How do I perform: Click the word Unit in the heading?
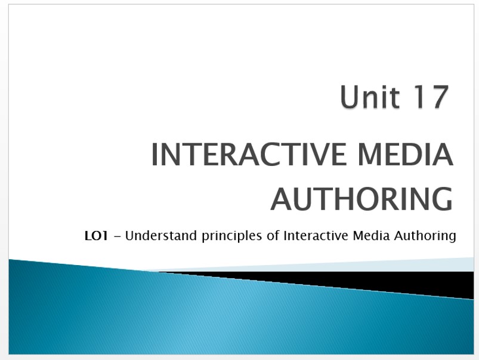pos(370,97)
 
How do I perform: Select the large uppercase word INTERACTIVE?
pos(248,155)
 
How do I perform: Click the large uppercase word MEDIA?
pos(406,155)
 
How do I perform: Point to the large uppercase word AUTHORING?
pos(361,199)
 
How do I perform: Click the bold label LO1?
pos(96,236)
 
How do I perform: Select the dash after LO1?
pos(119,236)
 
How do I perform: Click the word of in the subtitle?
pos(273,236)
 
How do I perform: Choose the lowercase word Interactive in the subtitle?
pos(316,236)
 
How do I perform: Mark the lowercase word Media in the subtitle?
pos(371,236)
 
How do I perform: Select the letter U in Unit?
pos(349,97)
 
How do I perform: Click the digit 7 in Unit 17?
pos(439,97)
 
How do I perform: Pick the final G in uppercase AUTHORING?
pos(443,199)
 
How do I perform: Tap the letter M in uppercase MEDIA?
pos(370,155)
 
